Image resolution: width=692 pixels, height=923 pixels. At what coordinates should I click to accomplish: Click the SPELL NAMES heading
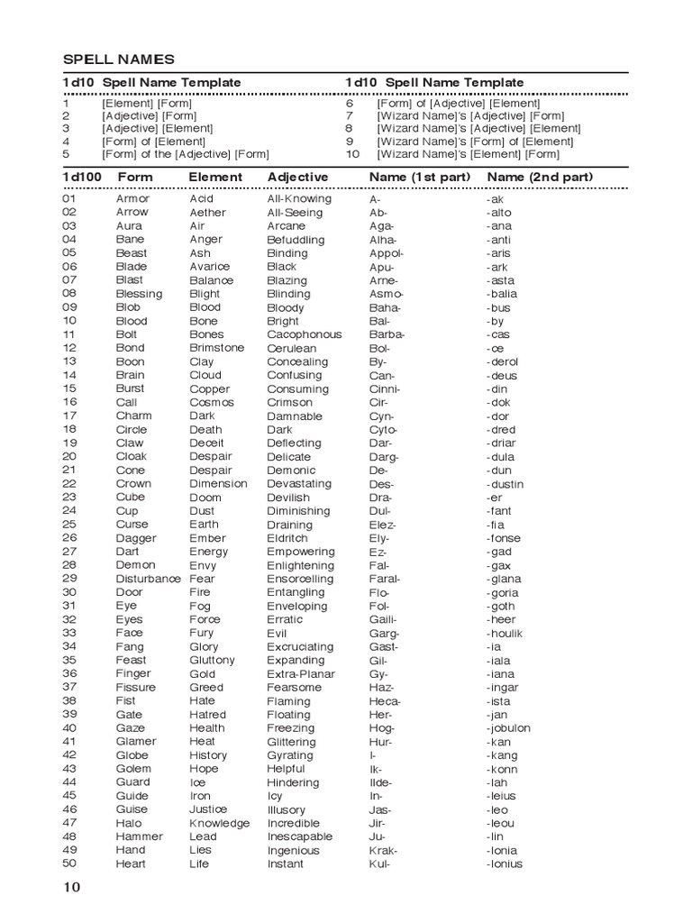(118, 59)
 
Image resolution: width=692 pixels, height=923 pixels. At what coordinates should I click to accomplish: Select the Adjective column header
(297, 177)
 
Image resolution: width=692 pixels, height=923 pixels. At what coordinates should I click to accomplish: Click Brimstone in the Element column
(216, 348)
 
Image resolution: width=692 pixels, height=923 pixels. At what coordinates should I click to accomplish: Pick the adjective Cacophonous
(305, 334)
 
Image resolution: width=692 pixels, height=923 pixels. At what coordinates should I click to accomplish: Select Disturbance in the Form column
(148, 579)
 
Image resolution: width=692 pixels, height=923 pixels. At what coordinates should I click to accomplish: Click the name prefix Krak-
(383, 850)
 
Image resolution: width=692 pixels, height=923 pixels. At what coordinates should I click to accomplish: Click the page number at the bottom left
(72, 888)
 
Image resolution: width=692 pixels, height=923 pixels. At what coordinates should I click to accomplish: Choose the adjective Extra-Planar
(301, 673)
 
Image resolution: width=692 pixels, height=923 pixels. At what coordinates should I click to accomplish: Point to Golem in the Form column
(133, 769)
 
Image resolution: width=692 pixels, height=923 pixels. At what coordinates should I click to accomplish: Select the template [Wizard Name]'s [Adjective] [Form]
(470, 116)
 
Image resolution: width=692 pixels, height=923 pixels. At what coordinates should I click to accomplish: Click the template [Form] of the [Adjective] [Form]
(185, 154)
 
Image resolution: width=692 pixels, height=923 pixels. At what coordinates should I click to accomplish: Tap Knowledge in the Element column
(219, 823)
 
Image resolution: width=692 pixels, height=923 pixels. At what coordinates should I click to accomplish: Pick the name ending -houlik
(505, 633)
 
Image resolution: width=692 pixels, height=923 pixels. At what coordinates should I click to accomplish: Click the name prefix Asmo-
(387, 294)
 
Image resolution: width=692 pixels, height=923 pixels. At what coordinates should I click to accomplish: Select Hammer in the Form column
(140, 836)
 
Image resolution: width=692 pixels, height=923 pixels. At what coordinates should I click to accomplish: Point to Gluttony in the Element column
(212, 660)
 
